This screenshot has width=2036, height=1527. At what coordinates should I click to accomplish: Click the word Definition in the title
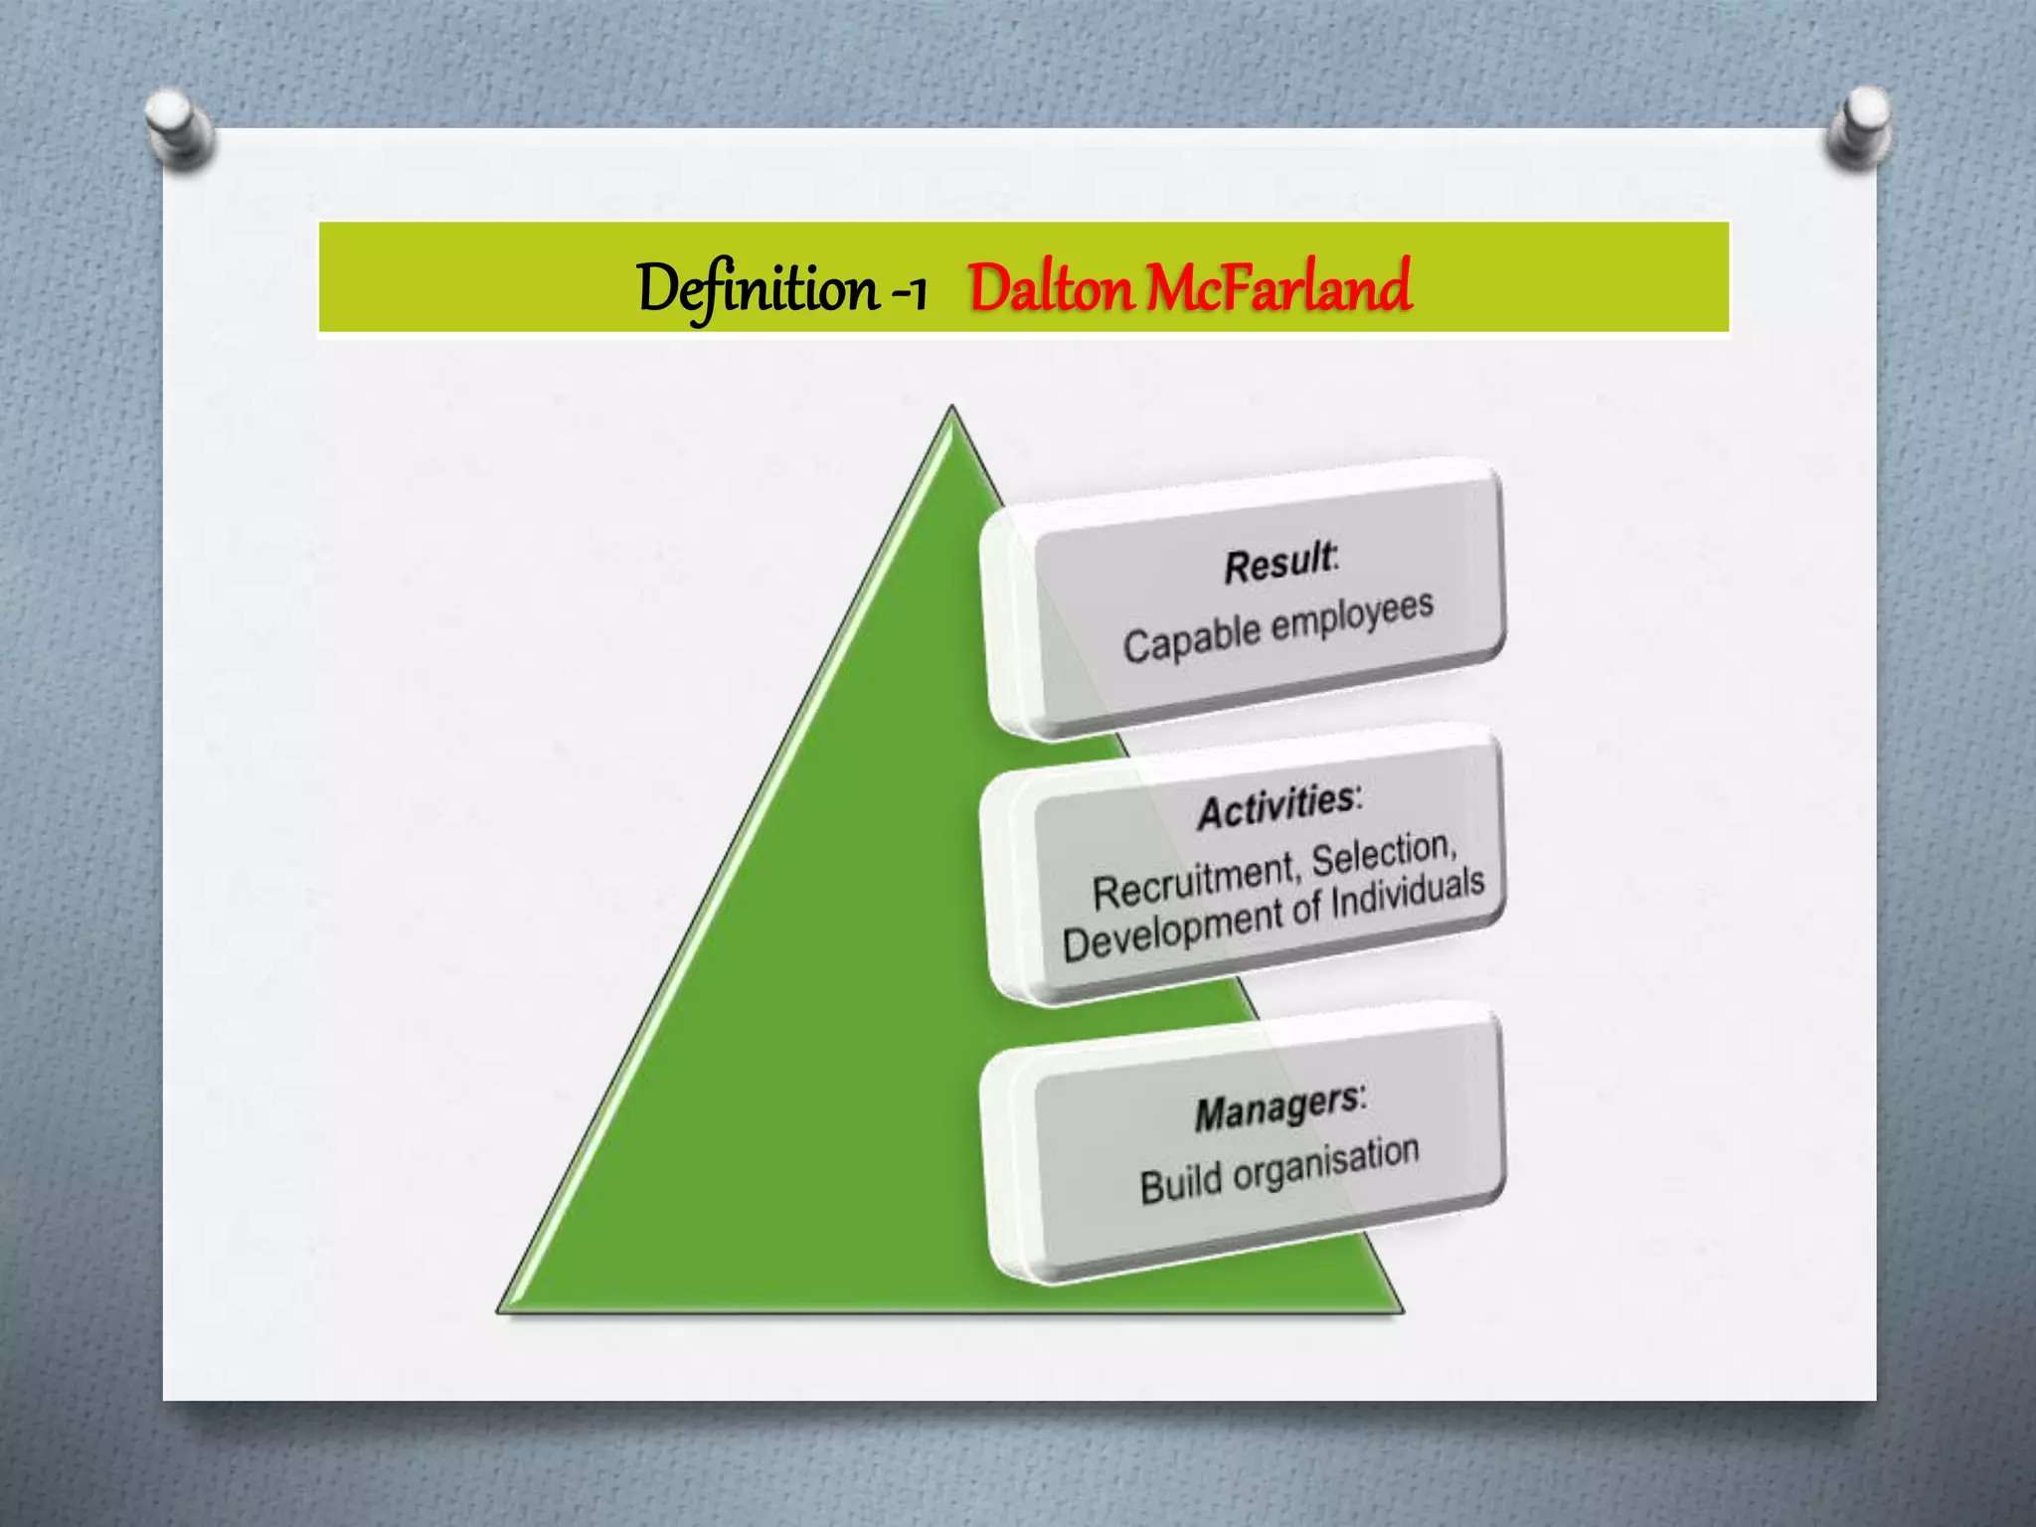coord(758,288)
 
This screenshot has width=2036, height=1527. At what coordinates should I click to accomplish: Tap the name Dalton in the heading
coord(1051,288)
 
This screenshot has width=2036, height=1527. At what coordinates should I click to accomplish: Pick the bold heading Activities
coord(1276,806)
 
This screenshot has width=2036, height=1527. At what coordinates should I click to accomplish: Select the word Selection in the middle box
coord(1382,853)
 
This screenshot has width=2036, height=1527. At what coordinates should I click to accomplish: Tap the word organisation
coord(1326,1164)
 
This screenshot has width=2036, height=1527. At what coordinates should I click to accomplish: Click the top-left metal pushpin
coord(178,125)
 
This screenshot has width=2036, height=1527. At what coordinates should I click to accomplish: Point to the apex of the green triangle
coord(952,410)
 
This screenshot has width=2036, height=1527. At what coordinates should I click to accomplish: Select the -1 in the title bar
coord(907,291)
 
